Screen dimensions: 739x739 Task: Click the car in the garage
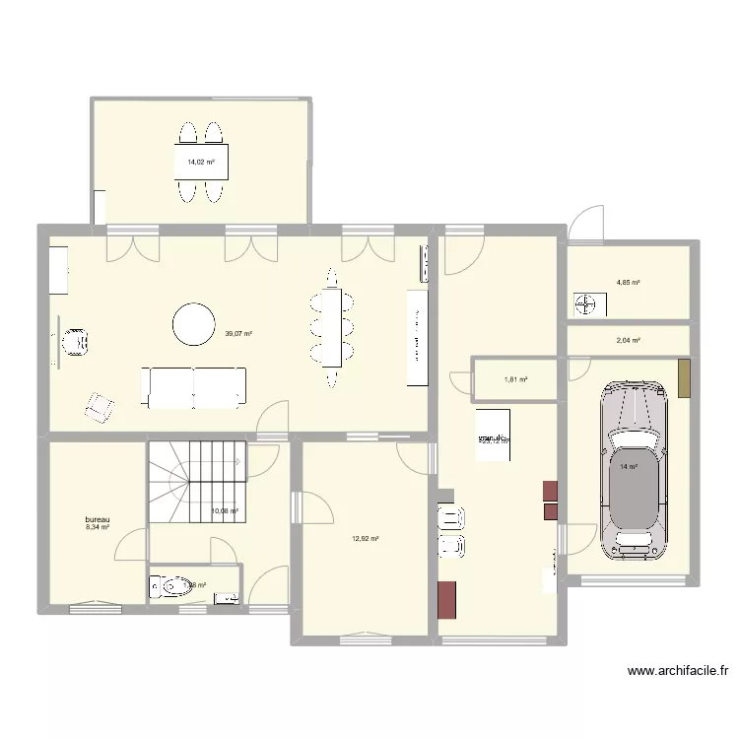634,468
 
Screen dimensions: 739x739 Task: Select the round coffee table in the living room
193,324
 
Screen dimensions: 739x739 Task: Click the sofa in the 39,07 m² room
194,387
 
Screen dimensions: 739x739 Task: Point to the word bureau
98,519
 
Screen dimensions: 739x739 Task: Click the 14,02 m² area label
200,162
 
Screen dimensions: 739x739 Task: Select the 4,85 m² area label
628,283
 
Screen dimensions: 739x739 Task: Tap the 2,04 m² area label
628,341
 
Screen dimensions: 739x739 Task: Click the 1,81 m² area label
515,379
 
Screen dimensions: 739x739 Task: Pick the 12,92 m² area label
365,538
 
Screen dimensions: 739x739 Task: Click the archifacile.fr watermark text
678,672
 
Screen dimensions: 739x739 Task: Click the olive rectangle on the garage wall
684,378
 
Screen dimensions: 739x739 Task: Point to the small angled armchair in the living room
100,406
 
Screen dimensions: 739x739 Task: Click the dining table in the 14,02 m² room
200,163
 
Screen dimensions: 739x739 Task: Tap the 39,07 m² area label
239,334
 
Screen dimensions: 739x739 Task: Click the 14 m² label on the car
628,467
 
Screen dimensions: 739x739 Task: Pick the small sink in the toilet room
226,596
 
